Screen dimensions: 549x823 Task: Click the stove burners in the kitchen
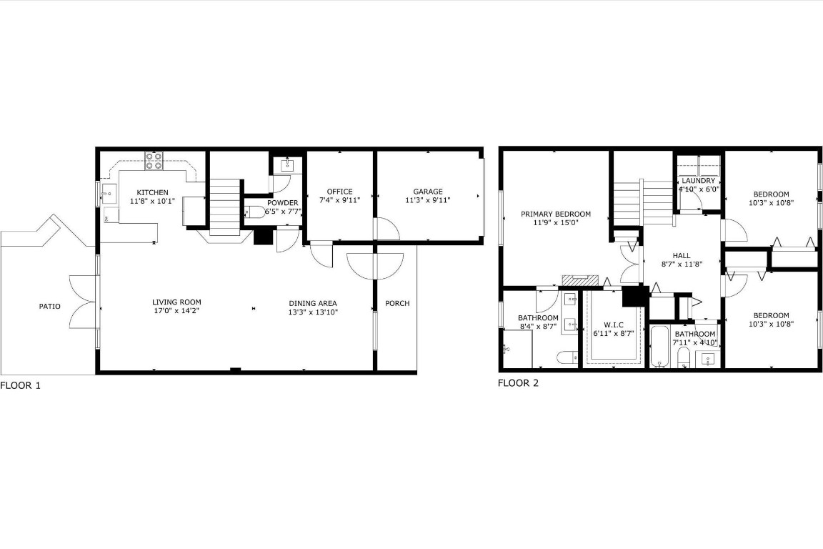(154, 161)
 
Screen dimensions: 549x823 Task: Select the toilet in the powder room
(254, 212)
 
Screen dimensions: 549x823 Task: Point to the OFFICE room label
(339, 192)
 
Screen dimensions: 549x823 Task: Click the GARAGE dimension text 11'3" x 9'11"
(427, 201)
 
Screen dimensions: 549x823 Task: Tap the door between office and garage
(386, 229)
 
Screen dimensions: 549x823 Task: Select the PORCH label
(397, 303)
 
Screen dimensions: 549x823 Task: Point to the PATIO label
(49, 307)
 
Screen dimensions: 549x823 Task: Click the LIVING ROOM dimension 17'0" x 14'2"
(176, 312)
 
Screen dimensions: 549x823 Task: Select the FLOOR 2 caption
(518, 383)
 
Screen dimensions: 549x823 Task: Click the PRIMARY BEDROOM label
(555, 214)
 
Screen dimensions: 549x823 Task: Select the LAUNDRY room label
(698, 181)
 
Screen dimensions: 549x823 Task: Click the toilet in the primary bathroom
(567, 357)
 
